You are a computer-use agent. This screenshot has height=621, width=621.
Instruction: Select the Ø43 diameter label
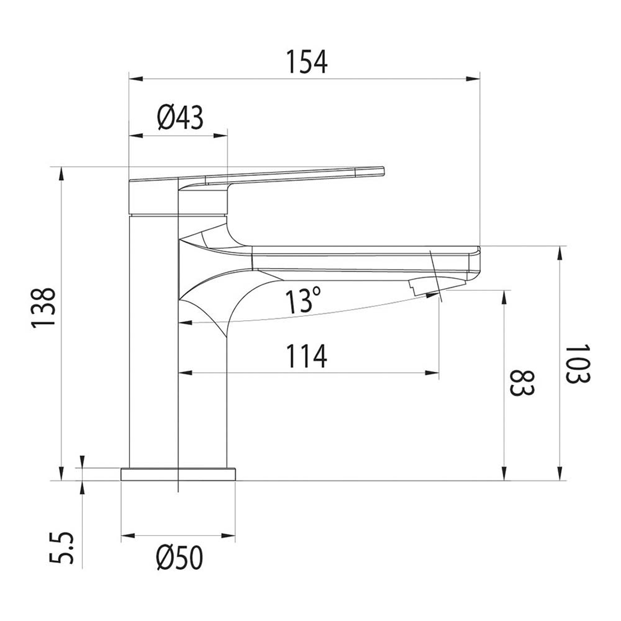click(x=180, y=118)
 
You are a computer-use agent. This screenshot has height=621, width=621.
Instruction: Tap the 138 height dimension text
click(x=44, y=308)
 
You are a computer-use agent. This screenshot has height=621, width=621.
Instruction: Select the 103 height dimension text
click(x=577, y=364)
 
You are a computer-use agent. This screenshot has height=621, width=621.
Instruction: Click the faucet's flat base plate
click(x=178, y=474)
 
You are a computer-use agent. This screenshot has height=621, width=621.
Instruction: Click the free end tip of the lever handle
click(x=379, y=171)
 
